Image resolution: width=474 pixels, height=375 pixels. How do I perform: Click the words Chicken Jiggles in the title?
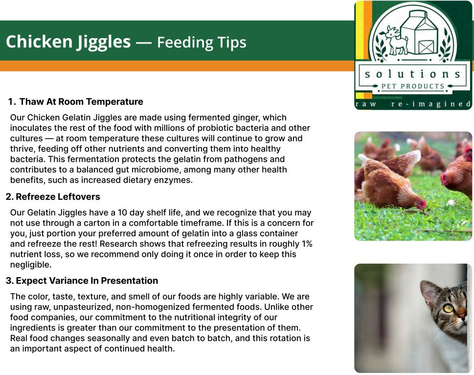[x=68, y=42]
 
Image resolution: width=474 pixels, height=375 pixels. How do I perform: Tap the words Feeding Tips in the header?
[x=202, y=42]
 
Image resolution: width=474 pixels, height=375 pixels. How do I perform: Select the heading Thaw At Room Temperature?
[x=81, y=102]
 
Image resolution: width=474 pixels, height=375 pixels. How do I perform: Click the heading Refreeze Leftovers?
[x=58, y=197]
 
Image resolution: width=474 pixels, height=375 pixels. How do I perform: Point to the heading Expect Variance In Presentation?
[x=87, y=281]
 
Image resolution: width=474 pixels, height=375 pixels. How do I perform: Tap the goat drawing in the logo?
[x=394, y=41]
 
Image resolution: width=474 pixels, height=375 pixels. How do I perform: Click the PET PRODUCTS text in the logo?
[x=413, y=86]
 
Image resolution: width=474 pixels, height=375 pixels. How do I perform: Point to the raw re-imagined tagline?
[x=413, y=104]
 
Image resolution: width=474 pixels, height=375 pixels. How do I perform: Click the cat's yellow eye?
[x=448, y=308]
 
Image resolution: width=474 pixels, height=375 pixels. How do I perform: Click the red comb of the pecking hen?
[x=422, y=204]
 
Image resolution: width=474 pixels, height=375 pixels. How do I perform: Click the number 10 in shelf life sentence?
[x=122, y=213]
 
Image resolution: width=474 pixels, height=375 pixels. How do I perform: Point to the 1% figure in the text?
[x=307, y=244]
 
